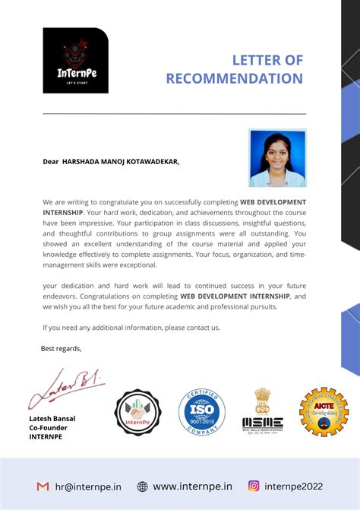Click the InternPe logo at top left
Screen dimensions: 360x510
coord(75,60)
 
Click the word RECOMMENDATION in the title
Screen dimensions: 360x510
coord(234,78)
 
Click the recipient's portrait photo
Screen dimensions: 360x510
coord(277,158)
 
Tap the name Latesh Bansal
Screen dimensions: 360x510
coord(52,419)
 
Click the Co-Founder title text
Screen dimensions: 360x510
coord(49,428)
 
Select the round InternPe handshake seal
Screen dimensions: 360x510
coord(137,413)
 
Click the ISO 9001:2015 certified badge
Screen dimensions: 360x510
coord(201,411)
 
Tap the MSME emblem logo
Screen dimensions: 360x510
coord(262,412)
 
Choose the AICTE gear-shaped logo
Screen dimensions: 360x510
coord(324,412)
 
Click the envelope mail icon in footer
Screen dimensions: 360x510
coord(43,486)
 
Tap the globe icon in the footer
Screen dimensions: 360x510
coord(142,486)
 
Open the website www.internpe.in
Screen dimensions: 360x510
coord(192,486)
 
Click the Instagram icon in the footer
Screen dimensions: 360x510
coord(254,486)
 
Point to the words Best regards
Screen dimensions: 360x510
coord(61,348)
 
